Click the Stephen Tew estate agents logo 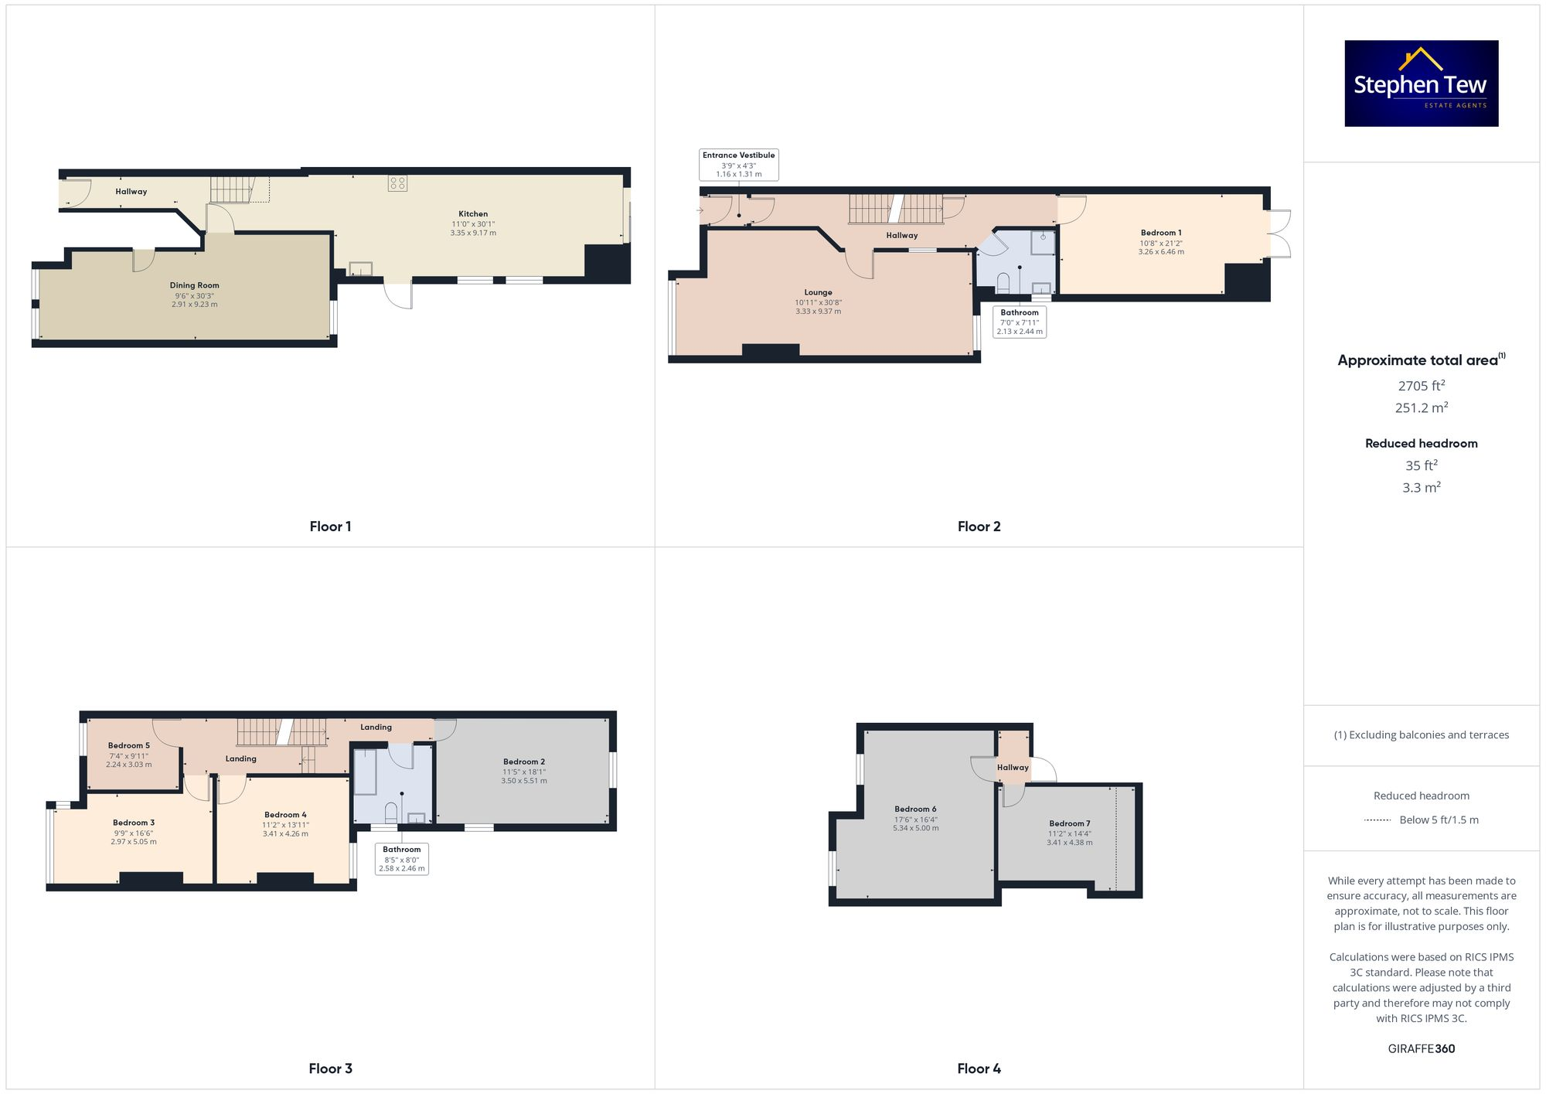click(1421, 83)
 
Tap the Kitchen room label click(473, 214)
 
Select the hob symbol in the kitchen click(397, 183)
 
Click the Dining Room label click(195, 285)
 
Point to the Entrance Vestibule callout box click(738, 165)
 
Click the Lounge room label click(818, 292)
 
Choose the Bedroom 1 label click(1161, 233)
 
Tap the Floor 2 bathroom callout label click(1020, 322)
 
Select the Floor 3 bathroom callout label click(402, 858)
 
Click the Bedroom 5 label click(129, 746)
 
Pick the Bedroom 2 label click(524, 762)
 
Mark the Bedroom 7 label click(1070, 823)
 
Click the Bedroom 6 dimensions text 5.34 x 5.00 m click(916, 828)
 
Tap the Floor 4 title click(979, 1068)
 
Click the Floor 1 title click(330, 527)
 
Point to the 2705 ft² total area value click(1421, 386)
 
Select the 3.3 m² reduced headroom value click(1421, 488)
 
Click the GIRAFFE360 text click(1421, 1049)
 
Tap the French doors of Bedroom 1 click(1279, 233)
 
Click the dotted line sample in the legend click(1377, 820)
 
